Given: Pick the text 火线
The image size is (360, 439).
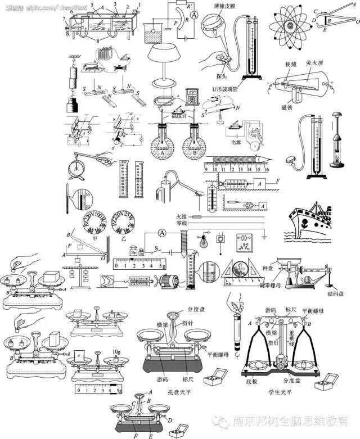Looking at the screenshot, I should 181,216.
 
